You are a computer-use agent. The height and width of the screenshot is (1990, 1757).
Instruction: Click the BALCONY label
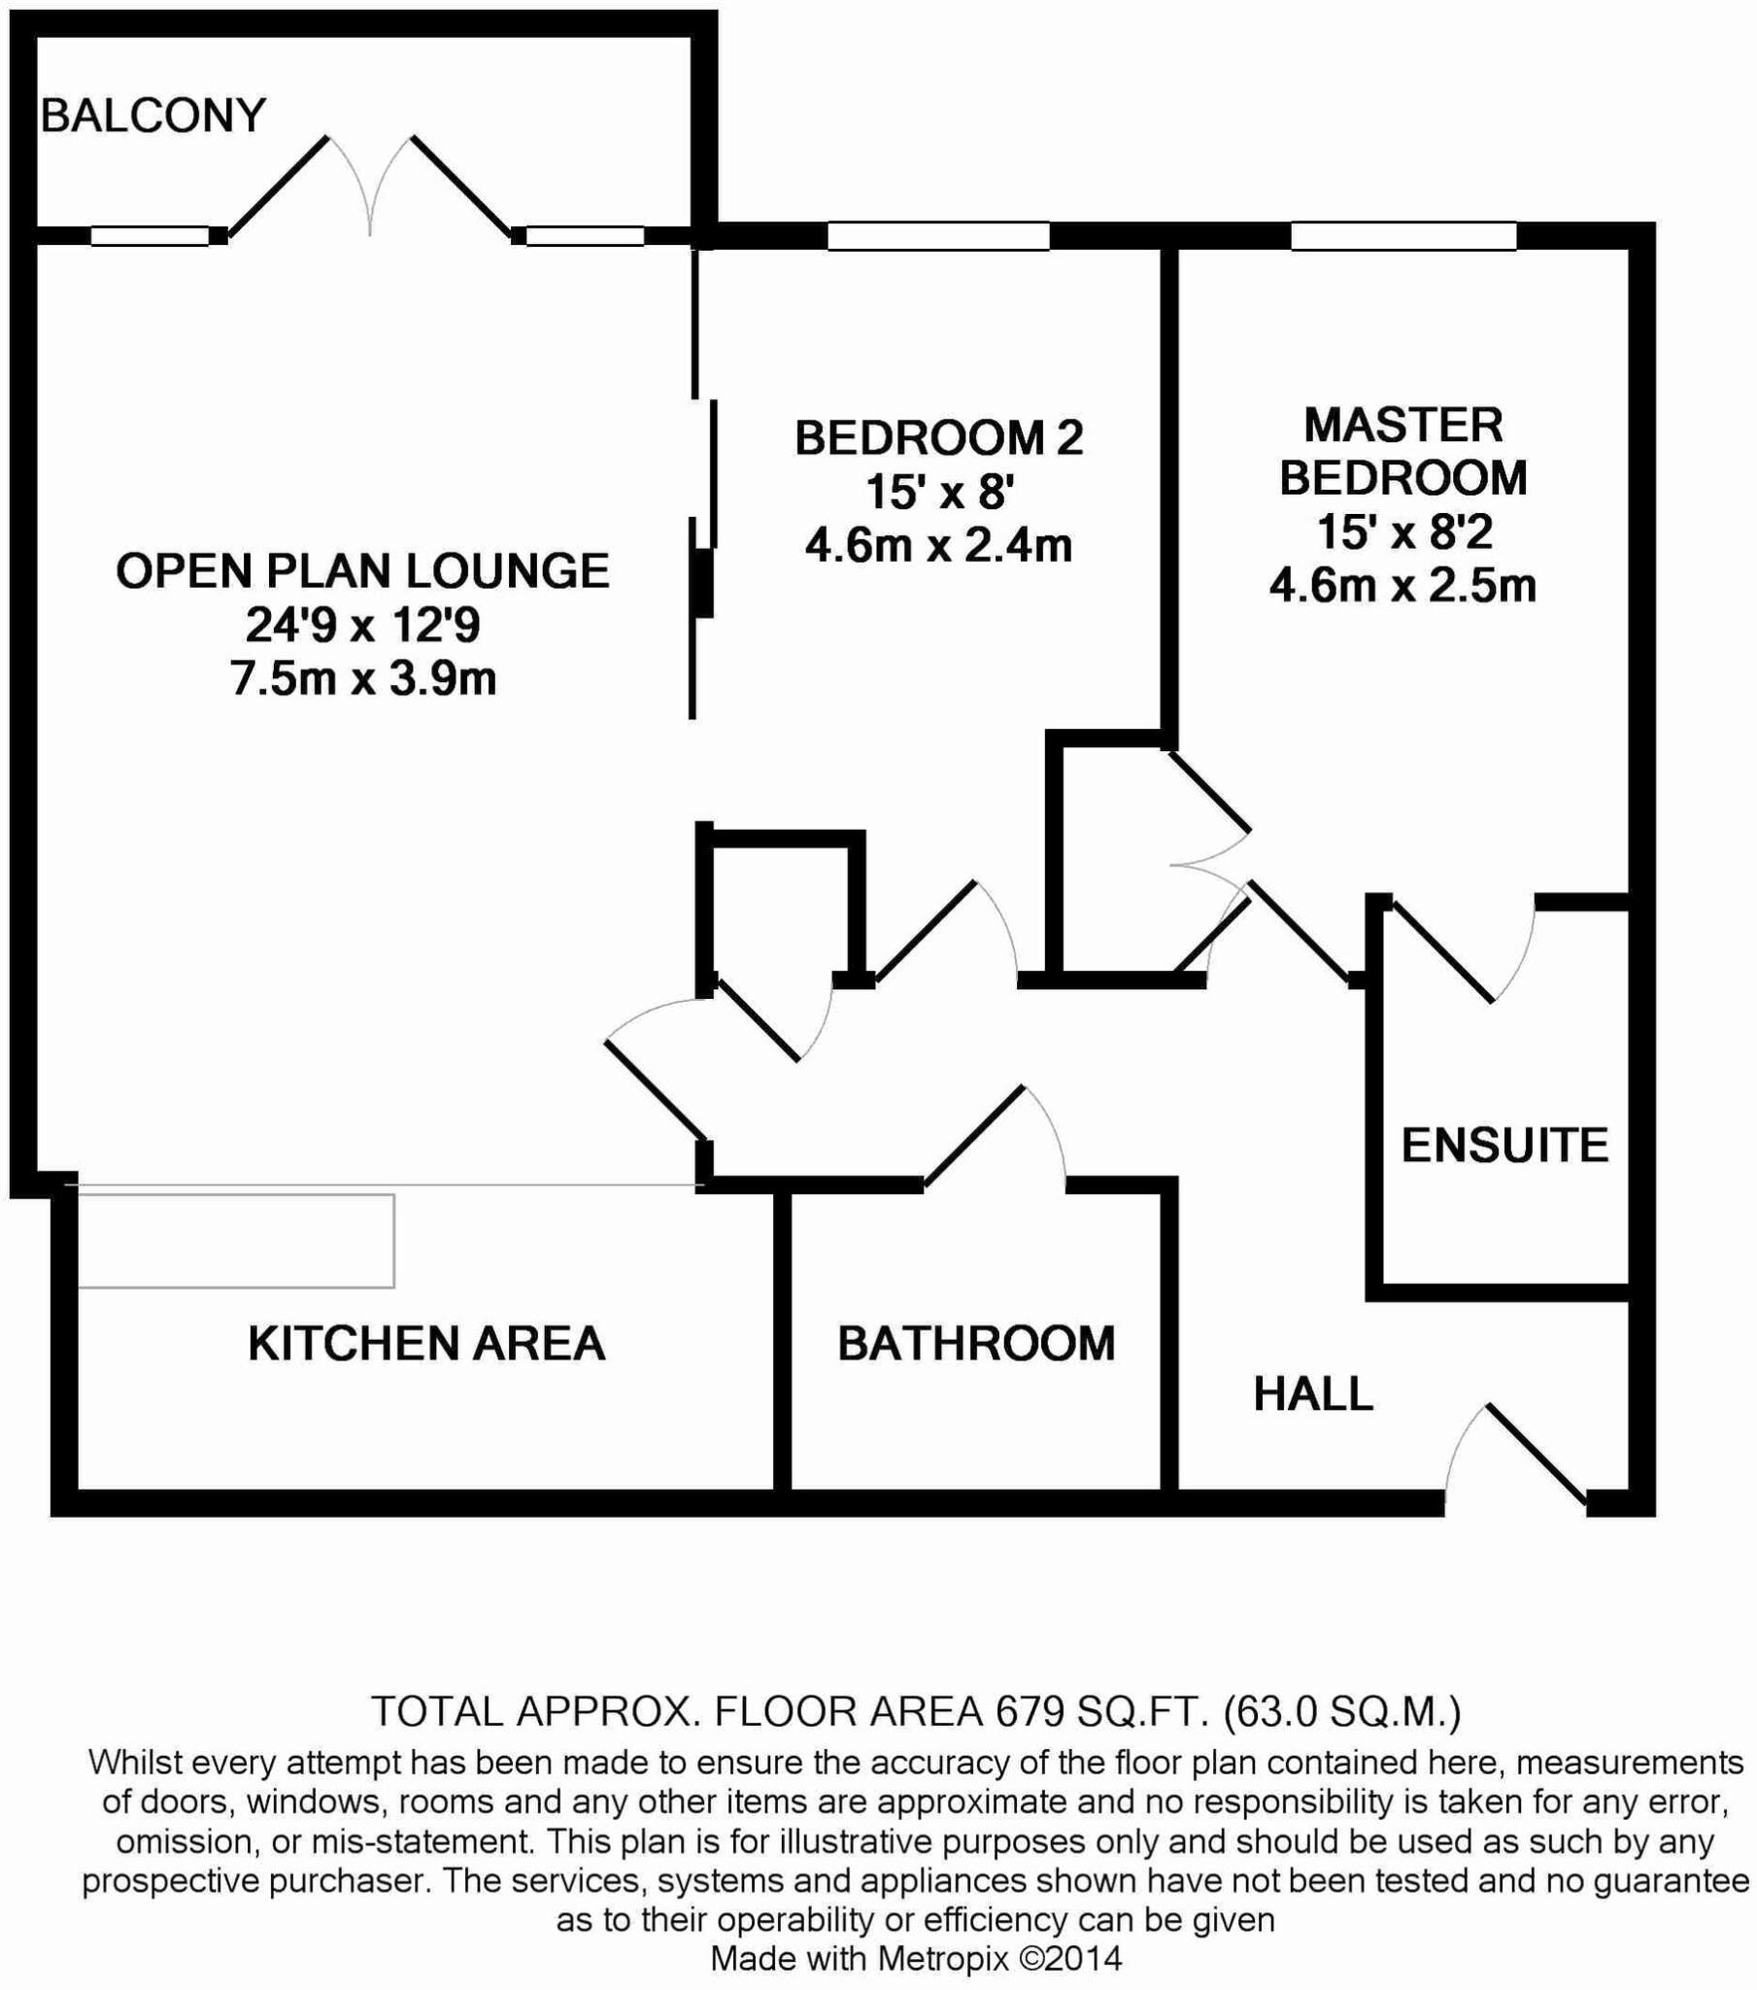(x=152, y=116)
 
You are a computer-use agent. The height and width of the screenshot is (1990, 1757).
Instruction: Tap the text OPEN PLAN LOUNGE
(x=362, y=570)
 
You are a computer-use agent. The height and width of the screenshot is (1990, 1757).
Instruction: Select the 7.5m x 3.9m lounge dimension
(x=363, y=678)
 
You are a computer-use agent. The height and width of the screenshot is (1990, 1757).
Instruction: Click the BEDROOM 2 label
(x=938, y=438)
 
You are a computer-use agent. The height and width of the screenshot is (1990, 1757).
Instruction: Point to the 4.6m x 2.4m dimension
(x=938, y=545)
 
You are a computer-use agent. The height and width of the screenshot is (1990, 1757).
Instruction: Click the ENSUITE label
(x=1504, y=1145)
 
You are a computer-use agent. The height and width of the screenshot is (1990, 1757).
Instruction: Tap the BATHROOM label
(x=976, y=1344)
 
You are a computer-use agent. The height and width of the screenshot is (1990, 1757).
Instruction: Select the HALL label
(x=1312, y=1394)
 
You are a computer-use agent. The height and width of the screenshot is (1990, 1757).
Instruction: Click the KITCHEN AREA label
(x=426, y=1344)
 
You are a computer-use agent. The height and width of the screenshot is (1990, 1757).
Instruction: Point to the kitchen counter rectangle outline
(x=236, y=1240)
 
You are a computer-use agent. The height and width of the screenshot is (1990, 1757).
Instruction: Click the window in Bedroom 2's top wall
(x=938, y=235)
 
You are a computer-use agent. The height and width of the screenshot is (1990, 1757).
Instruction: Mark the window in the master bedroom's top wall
(x=1403, y=235)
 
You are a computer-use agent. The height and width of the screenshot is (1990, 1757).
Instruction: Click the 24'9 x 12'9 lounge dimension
(x=362, y=625)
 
